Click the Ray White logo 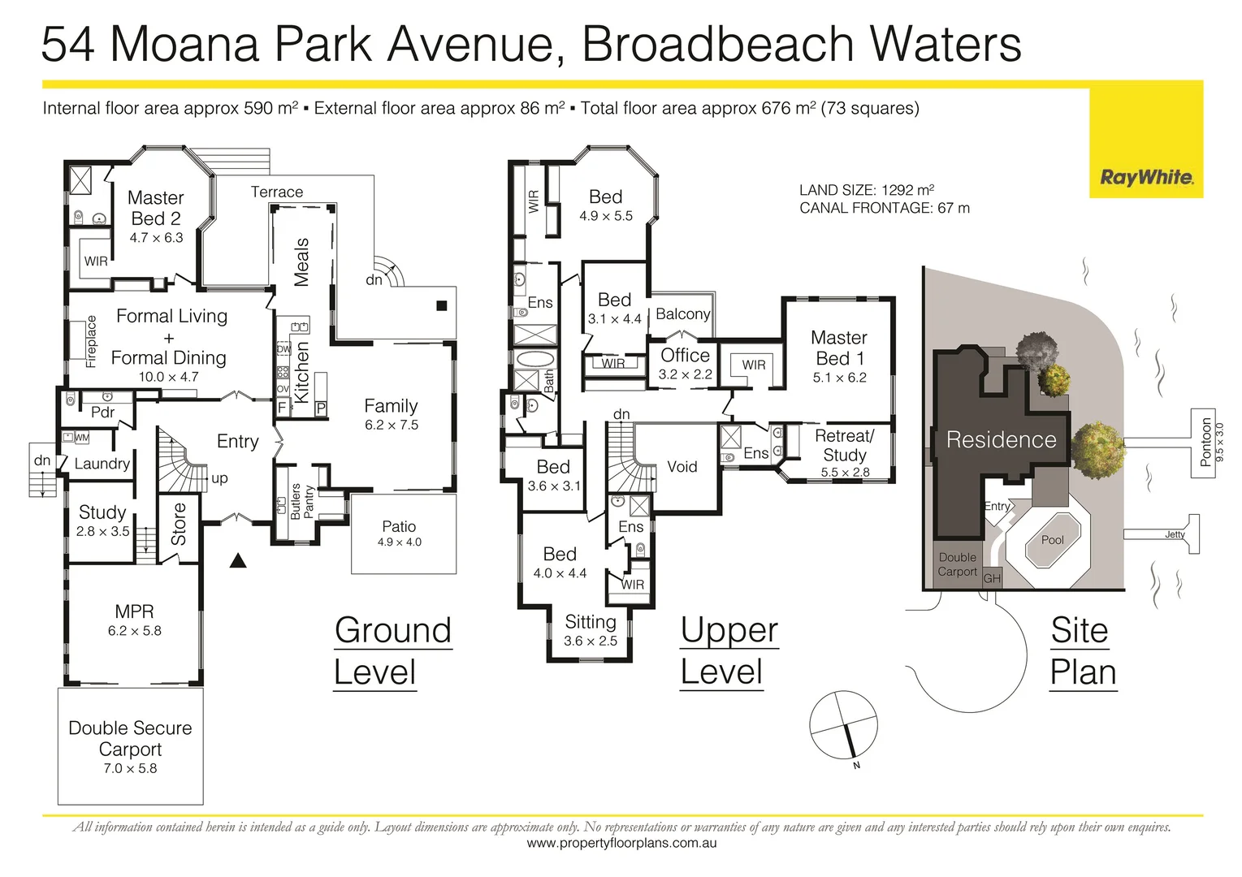point(1146,178)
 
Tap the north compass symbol point(844,725)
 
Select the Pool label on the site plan point(1052,540)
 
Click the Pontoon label point(1206,442)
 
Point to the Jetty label point(1175,534)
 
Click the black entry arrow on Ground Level point(238,560)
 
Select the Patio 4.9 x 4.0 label point(399,534)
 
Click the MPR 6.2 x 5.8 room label point(134,620)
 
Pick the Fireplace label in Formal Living point(91,341)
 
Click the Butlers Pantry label point(301,501)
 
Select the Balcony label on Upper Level point(682,314)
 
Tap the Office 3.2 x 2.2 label point(685,363)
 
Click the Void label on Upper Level point(682,467)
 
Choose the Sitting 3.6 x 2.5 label point(591,630)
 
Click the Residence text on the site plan point(1001,440)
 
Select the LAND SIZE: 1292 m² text point(866,190)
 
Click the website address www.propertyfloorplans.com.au point(621,844)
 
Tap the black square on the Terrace point(441,306)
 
